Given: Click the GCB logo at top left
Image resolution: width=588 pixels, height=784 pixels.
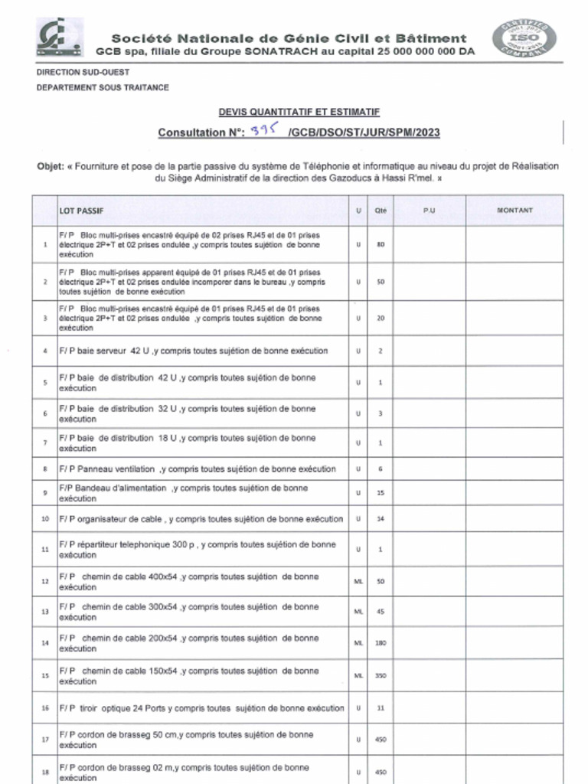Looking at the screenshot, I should click(x=60, y=38).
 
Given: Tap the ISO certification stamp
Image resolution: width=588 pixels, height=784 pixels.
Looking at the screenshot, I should click(x=524, y=37).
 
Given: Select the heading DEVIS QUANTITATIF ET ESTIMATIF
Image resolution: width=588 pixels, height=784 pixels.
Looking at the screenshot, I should click(x=299, y=112).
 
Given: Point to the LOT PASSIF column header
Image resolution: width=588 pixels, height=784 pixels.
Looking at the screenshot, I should click(x=82, y=211).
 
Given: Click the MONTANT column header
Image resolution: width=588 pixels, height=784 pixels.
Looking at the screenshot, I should click(x=514, y=211).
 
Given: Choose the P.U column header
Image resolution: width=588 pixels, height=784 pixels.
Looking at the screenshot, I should click(x=429, y=211).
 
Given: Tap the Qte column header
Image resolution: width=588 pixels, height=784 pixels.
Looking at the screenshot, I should click(x=381, y=211).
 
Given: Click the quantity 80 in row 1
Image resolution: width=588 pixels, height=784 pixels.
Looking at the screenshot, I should click(x=381, y=244).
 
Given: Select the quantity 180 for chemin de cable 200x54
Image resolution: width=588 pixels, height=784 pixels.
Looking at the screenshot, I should click(x=381, y=643).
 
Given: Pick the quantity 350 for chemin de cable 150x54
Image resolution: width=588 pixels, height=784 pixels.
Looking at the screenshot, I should click(x=381, y=676).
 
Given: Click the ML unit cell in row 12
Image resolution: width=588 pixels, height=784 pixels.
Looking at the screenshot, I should click(x=358, y=582).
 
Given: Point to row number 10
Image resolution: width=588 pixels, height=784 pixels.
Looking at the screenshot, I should click(x=45, y=519).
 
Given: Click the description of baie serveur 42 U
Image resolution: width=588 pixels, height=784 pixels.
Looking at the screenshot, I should click(x=194, y=351).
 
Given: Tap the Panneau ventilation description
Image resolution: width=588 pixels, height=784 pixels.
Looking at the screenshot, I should click(x=198, y=469).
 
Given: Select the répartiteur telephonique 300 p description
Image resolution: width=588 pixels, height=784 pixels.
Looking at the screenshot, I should click(x=198, y=550).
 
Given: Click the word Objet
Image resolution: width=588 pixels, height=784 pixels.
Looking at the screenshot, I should click(x=50, y=166).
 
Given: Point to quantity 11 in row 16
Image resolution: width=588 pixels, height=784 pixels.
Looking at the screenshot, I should click(x=381, y=708).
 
